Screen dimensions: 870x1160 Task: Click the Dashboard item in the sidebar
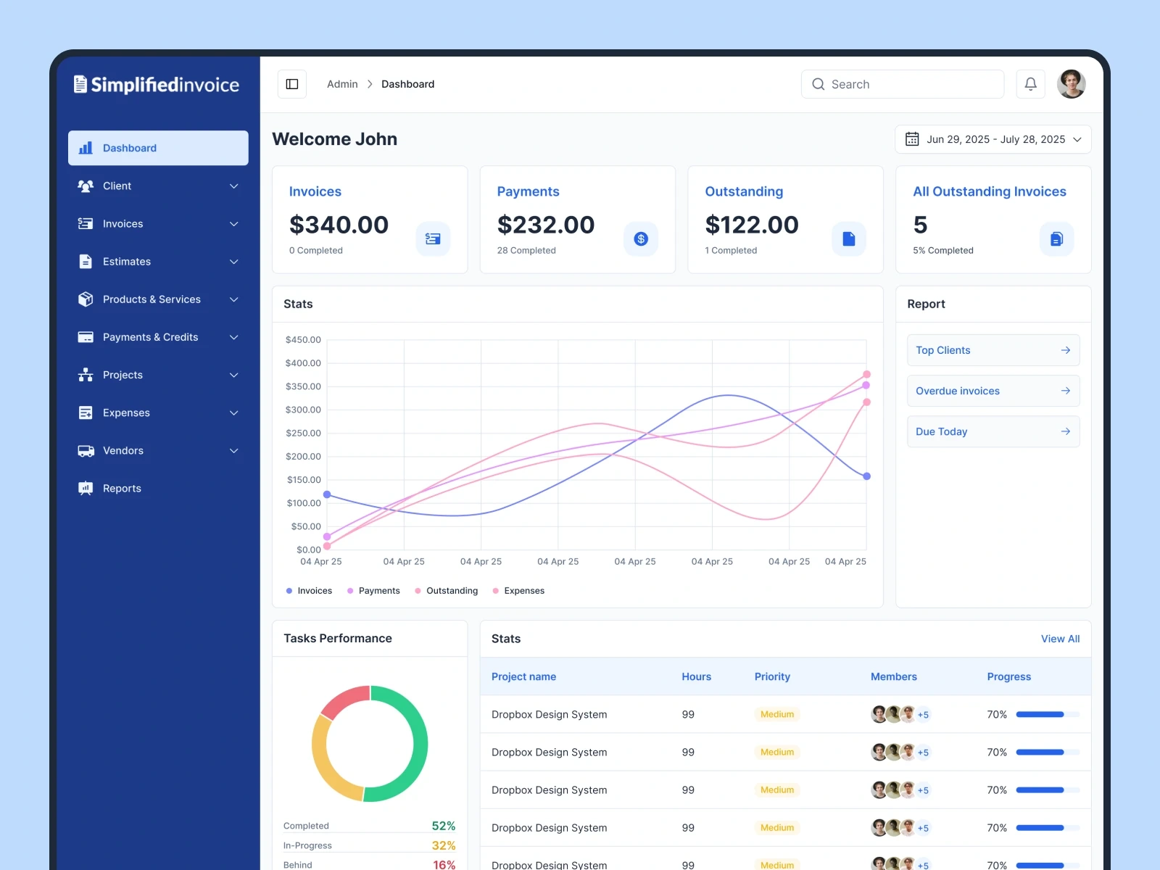158,148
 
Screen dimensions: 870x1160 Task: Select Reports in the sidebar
122,489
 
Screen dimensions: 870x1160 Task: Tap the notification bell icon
1030,84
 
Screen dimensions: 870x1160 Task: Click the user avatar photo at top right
1071,84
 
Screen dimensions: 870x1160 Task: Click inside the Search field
903,84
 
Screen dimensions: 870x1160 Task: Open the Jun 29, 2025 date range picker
993,139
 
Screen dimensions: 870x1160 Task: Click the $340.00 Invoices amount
339,225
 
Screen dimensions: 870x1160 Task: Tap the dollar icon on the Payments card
641,239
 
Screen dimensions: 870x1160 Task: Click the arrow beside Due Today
1065,431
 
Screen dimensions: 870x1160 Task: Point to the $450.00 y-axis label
303,339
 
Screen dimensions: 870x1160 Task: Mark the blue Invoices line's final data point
866,476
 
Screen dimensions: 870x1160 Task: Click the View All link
1060,639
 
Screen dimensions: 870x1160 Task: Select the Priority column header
772,676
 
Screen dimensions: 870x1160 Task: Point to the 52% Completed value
443,826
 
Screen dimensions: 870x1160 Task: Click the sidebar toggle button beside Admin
292,84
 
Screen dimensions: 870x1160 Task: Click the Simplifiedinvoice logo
157,85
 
